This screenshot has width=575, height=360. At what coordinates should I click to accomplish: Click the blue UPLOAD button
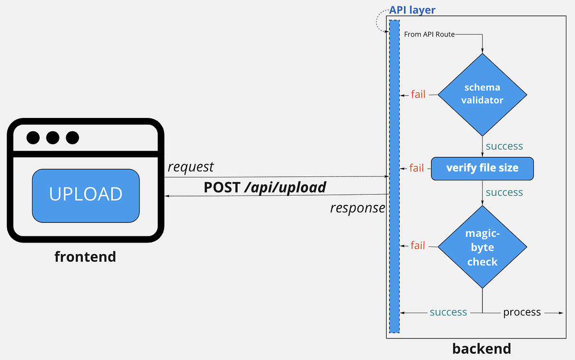[x=86, y=195]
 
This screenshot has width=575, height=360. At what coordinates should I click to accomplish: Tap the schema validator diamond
[x=482, y=94]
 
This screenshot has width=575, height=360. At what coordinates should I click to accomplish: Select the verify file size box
[x=482, y=168]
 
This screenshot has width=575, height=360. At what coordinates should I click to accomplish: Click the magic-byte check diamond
[x=482, y=247]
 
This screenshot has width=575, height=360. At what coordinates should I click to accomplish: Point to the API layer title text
[x=412, y=10]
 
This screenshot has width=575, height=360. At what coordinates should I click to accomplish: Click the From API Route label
[x=429, y=34]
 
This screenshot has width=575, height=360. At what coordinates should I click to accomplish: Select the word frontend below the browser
[x=85, y=256]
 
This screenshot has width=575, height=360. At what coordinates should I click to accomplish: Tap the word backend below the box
[x=482, y=348]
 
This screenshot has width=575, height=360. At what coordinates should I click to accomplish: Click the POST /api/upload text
[x=265, y=187]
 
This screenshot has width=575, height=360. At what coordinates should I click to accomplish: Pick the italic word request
[x=191, y=167]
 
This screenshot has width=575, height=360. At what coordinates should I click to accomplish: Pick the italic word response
[x=357, y=208]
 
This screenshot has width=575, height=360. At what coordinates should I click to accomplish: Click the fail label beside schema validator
[x=418, y=94]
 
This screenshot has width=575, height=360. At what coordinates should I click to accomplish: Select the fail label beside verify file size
[x=416, y=168]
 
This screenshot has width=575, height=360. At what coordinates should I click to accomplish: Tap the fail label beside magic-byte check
[x=418, y=245]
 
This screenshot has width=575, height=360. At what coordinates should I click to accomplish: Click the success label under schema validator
[x=504, y=146]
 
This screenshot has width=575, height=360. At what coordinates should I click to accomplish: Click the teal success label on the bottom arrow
[x=448, y=313]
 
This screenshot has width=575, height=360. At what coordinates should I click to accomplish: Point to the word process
[x=522, y=313]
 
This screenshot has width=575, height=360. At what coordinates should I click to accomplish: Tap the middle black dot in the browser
[x=53, y=138]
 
